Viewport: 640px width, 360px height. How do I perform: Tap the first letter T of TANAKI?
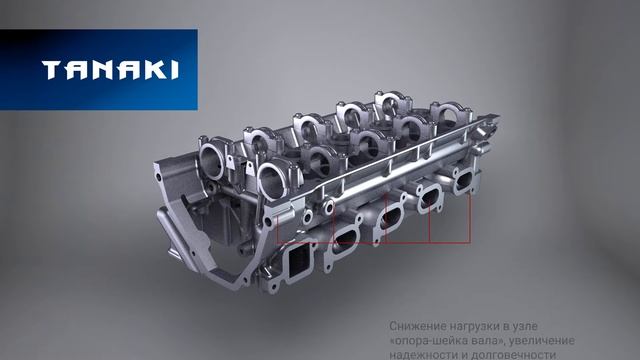(50, 70)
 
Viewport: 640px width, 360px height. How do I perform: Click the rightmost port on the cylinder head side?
(463, 181)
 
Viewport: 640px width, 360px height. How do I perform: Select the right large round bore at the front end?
(271, 179)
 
